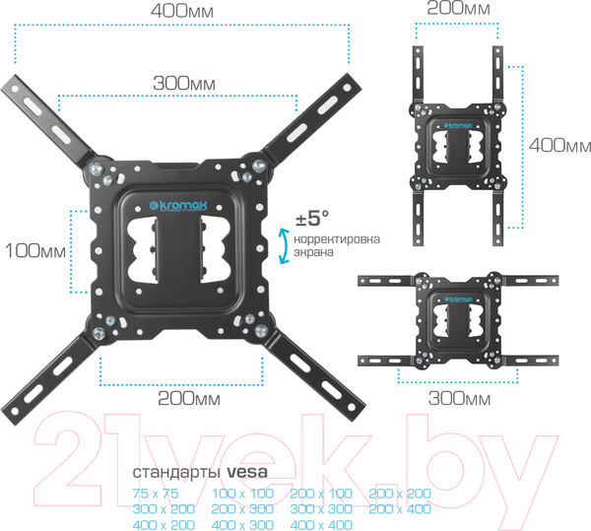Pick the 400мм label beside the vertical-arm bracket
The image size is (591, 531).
(559, 145)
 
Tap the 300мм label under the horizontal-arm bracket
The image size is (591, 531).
(460, 399)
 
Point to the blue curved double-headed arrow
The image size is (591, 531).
(285, 245)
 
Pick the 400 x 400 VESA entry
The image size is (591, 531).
(320, 526)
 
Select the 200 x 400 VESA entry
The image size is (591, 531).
(401, 509)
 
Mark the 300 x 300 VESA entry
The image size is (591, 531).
(320, 509)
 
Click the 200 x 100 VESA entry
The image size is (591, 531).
(320, 493)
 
